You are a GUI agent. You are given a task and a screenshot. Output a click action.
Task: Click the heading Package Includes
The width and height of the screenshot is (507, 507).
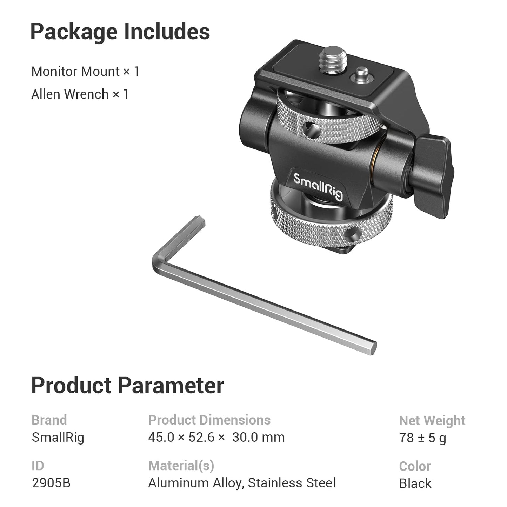(120, 32)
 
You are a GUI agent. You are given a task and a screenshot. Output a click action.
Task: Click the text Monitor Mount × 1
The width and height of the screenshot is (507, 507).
(85, 72)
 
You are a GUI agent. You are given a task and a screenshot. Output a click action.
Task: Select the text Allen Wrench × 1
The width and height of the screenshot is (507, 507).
(80, 94)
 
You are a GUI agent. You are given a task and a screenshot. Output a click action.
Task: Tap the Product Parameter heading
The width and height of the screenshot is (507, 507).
(127, 386)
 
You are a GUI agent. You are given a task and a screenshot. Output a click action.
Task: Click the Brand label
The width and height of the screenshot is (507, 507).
(49, 420)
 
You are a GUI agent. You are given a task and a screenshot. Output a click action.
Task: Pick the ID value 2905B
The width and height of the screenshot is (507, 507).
(51, 483)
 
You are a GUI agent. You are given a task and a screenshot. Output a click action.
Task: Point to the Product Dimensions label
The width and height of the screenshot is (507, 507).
(209, 420)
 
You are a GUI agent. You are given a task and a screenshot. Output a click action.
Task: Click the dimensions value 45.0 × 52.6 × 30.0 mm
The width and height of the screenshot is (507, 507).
(216, 438)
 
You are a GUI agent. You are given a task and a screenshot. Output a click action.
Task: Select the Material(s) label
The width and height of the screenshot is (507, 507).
(181, 466)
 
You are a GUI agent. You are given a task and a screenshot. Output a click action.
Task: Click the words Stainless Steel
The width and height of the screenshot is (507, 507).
(292, 483)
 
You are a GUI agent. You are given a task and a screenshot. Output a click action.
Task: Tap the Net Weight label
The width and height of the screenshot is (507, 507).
(432, 420)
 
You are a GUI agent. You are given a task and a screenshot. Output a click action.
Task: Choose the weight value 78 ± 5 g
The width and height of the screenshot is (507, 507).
(423, 438)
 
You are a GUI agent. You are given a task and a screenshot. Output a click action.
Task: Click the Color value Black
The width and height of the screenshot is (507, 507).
(415, 483)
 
